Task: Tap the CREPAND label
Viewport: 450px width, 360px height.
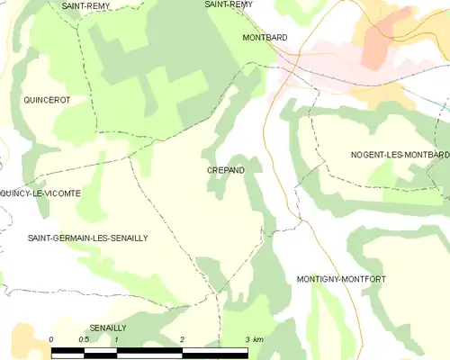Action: [225, 170]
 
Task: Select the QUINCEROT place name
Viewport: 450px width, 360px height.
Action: [47, 100]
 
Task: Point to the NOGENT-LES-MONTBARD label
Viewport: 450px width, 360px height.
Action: [400, 155]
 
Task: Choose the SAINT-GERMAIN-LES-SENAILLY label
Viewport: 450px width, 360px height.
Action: [87, 238]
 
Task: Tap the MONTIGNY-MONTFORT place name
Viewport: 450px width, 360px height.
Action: [341, 280]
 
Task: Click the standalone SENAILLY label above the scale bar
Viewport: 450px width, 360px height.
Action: [107, 328]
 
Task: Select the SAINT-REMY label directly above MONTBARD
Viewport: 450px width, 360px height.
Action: [228, 4]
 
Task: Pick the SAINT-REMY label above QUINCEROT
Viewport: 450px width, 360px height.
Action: [86, 5]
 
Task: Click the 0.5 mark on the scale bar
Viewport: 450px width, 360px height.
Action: [84, 339]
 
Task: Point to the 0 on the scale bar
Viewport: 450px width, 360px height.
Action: [52, 339]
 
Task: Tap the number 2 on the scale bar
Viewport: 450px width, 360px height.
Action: [182, 339]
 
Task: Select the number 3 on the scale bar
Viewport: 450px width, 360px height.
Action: [247, 339]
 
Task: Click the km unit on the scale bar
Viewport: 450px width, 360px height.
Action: [258, 339]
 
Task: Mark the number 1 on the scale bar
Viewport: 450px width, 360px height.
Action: [117, 339]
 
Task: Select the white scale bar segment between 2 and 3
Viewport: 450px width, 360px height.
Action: [215, 349]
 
